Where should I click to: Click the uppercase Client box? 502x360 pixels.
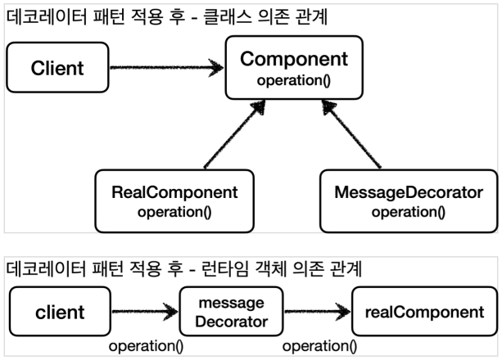pos(57,68)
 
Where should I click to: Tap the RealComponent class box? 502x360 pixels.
pos(174,200)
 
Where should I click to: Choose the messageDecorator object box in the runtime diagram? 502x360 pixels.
pos(231,312)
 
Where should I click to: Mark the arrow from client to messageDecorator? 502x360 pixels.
pos(144,312)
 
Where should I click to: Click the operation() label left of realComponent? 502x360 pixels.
pos(320,346)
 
